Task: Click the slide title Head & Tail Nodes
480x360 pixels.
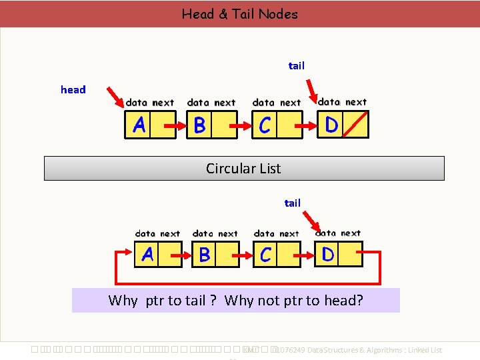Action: click(240, 14)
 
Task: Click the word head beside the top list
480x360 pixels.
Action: click(73, 89)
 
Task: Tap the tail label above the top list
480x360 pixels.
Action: click(297, 65)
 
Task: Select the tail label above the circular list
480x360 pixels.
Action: click(293, 203)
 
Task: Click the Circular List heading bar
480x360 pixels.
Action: click(244, 169)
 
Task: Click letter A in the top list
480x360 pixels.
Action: click(139, 125)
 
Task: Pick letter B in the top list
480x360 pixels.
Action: click(199, 125)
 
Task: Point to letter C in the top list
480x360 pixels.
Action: click(265, 125)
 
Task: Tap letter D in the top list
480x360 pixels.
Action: click(331, 124)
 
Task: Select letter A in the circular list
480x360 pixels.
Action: click(147, 255)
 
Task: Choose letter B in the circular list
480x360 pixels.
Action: click(205, 255)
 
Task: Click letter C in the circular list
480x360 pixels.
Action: click(266, 255)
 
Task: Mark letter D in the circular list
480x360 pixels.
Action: click(328, 254)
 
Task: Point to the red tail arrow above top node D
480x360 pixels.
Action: click(311, 89)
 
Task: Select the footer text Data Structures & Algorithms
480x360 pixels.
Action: click(357, 350)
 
